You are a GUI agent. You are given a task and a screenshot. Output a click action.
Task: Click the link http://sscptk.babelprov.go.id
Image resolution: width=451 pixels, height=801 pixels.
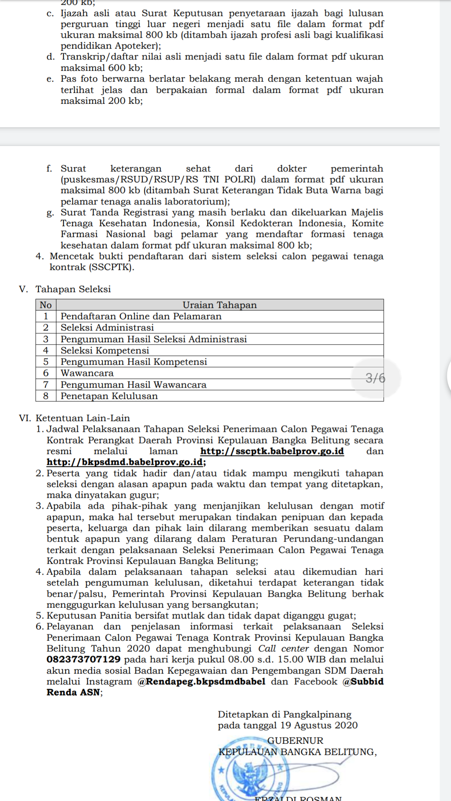(x=272, y=451)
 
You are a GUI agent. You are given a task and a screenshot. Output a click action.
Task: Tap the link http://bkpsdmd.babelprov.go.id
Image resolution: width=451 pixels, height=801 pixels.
(x=125, y=462)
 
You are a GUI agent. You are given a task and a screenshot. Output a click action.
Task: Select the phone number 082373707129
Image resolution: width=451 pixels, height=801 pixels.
(x=84, y=659)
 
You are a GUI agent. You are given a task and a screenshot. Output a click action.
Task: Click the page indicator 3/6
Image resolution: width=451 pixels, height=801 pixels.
(x=375, y=378)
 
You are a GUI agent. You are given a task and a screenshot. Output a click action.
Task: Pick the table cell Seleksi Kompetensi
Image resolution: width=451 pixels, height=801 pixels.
(x=105, y=350)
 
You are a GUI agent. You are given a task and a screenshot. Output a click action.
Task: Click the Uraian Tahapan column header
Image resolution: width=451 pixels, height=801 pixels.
(x=220, y=305)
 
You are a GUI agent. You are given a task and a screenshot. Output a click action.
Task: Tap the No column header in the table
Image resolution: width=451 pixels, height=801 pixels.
(x=46, y=305)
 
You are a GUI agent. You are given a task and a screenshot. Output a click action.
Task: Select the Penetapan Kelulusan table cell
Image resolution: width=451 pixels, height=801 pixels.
(x=109, y=396)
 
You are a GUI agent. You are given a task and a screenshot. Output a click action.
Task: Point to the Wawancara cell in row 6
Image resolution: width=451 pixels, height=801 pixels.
(x=87, y=373)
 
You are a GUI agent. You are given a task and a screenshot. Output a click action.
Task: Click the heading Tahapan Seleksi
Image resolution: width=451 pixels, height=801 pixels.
(x=73, y=289)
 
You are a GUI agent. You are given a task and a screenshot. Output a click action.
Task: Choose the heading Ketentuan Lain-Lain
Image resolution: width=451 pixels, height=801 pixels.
(x=83, y=418)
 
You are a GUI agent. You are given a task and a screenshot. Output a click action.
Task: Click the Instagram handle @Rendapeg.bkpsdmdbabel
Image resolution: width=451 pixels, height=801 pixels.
(x=201, y=681)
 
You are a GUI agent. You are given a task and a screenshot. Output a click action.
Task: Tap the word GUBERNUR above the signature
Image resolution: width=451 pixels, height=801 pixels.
(x=295, y=741)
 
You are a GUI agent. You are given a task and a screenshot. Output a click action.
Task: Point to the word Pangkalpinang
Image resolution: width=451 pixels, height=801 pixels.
(x=317, y=714)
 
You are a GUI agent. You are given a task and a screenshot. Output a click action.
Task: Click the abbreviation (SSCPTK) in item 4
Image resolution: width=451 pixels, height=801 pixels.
(x=111, y=267)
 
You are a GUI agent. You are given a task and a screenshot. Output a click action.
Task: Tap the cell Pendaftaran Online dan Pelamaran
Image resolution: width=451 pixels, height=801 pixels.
(x=141, y=316)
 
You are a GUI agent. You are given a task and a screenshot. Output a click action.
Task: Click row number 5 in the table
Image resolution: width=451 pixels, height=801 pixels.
(x=46, y=362)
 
